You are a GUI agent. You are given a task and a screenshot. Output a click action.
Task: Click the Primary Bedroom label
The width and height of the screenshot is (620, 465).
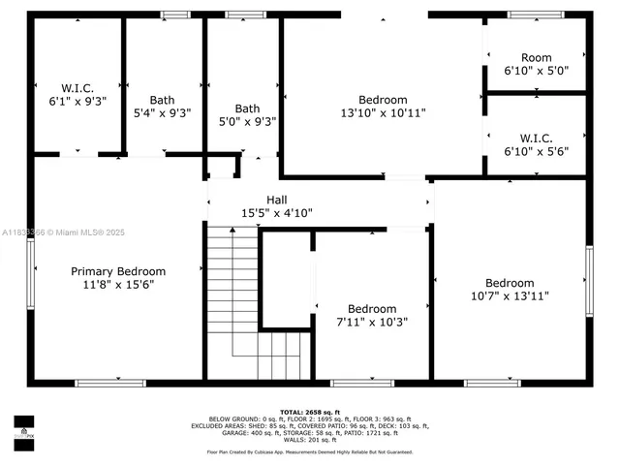118,271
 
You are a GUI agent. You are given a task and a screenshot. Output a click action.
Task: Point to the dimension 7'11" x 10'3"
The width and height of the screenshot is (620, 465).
372,322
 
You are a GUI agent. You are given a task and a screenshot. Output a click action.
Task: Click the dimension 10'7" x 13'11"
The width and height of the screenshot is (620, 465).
510,295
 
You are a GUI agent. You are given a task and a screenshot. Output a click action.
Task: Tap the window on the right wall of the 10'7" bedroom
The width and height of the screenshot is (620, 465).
589,281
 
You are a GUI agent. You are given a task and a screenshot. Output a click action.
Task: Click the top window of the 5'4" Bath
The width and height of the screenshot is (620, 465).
175,15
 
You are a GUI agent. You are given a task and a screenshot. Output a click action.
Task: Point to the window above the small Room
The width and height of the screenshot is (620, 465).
536,15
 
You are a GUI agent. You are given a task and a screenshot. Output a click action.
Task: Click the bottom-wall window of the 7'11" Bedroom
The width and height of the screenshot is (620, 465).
361,383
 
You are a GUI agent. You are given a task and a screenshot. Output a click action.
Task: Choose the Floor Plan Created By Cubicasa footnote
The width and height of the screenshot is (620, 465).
309,451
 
